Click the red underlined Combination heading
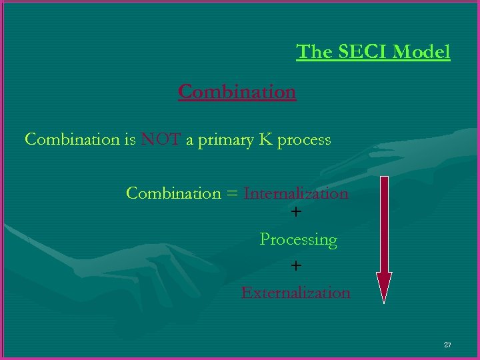(237, 91)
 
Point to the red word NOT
(160, 140)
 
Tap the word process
(304, 141)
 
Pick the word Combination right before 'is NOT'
(71, 140)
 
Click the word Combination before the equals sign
(173, 193)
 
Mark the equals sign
(231, 194)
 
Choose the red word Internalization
(296, 193)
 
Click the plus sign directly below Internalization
(296, 213)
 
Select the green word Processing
(298, 239)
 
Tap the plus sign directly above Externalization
(296, 266)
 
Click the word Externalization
(295, 293)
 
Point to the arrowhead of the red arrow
(384, 287)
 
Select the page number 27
(447, 345)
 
